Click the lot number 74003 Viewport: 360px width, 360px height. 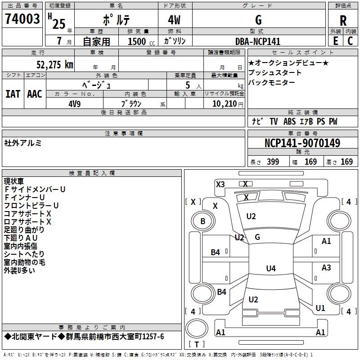click(x=22, y=19)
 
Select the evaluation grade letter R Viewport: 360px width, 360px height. click(x=343, y=20)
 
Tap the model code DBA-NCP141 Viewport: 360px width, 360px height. click(x=257, y=41)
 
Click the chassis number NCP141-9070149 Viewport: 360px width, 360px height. click(x=302, y=143)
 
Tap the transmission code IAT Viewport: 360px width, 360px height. click(x=13, y=94)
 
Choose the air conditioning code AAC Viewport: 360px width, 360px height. click(x=35, y=94)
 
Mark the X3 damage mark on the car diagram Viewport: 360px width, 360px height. click(x=220, y=184)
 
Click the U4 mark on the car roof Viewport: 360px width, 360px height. click(x=270, y=269)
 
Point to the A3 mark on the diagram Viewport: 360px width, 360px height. click(x=326, y=268)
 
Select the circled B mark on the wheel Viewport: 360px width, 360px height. click(x=202, y=221)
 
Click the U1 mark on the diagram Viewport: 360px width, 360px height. click(x=320, y=308)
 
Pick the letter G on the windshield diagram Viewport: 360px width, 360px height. click(x=257, y=237)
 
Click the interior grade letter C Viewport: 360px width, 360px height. click(x=350, y=41)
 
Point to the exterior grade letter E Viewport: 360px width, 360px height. click(x=335, y=41)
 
